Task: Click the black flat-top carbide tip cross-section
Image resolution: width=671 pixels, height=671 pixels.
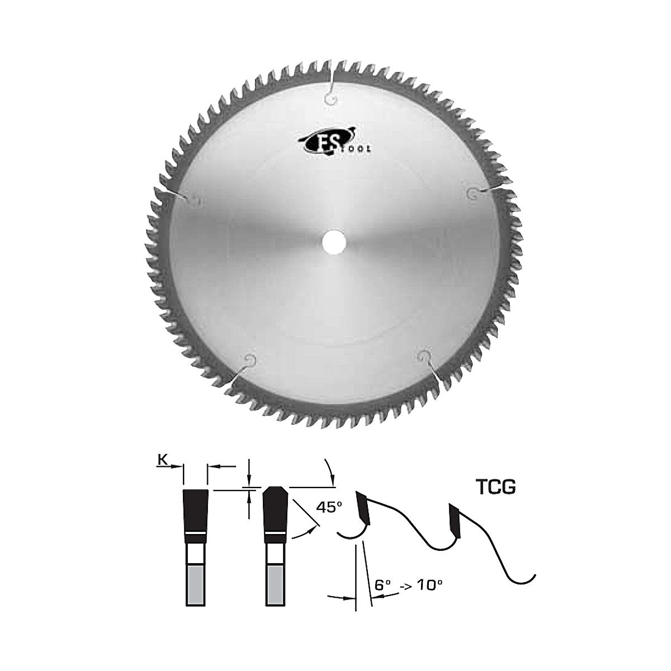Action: tap(195, 511)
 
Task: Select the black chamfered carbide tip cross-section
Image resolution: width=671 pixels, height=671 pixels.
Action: tap(276, 510)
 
